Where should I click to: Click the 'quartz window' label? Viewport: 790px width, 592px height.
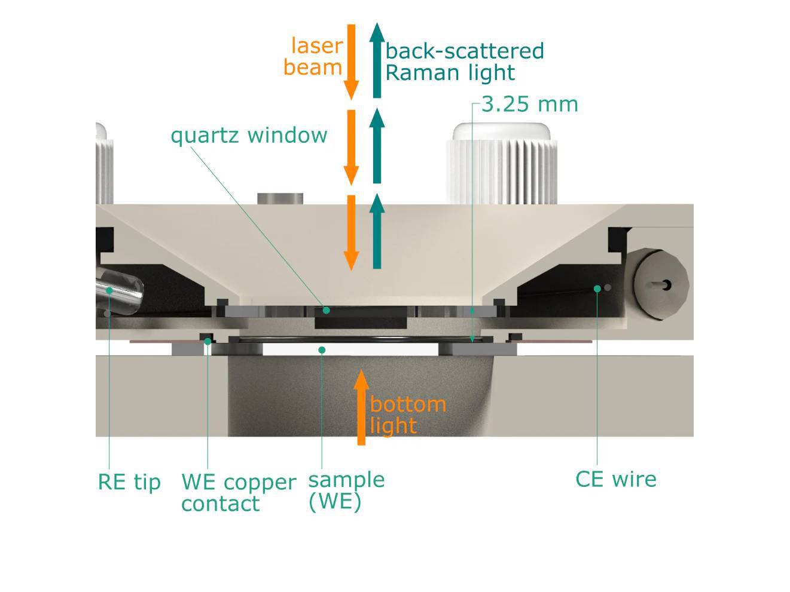249,136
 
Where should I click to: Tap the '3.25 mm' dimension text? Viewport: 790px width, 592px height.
529,105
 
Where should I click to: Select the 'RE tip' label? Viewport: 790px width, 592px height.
129,481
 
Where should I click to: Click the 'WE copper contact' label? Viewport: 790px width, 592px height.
238,492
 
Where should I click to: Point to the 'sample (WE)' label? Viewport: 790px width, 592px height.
346,490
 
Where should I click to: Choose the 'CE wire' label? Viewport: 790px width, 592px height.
615,479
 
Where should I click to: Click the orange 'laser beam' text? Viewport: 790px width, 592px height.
314,56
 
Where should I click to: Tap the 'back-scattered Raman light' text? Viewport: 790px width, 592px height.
464,62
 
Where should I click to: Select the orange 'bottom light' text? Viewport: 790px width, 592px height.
407,415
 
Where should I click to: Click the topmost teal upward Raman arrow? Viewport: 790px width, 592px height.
377,60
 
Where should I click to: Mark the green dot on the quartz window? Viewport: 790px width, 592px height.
326,310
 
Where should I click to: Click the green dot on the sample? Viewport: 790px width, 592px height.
322,349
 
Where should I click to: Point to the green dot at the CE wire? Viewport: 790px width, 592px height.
597,289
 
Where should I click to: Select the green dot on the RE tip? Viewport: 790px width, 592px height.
109,290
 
